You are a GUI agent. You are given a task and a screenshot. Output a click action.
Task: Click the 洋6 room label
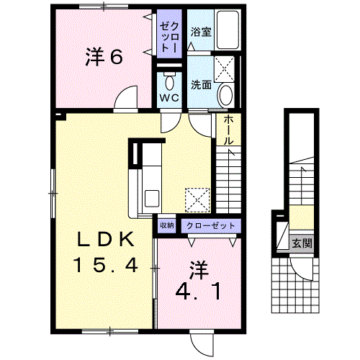[104, 57]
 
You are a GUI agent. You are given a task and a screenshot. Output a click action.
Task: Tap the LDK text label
[105, 239]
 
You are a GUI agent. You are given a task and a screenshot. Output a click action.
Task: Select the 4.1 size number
[198, 292]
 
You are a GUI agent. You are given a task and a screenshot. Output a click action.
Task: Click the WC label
[169, 98]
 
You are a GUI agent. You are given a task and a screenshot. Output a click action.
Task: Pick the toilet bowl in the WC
[169, 83]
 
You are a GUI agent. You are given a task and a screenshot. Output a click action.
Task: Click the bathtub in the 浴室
[228, 30]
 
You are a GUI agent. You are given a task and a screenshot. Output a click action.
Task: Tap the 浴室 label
[201, 32]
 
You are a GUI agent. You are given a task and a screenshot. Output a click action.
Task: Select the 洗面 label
[201, 85]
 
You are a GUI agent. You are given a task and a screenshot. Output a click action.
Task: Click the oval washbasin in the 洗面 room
[226, 95]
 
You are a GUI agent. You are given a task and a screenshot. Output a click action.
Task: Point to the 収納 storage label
[167, 225]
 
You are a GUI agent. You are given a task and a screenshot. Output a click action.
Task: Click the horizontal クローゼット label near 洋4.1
[210, 226]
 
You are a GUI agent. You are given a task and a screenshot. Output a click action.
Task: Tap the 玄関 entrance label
[302, 244]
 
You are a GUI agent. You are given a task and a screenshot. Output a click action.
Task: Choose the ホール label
[228, 130]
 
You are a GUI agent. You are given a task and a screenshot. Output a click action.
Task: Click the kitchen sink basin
[152, 198]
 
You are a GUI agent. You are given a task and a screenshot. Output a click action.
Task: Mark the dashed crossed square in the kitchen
[197, 200]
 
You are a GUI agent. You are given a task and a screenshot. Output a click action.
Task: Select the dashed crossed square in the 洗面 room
[224, 69]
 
